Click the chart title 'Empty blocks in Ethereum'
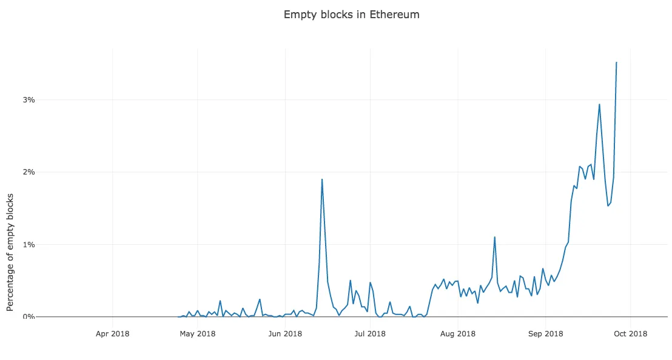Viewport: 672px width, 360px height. tap(351, 15)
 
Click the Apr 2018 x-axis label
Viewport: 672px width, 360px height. tap(113, 333)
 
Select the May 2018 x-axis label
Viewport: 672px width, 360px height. tap(198, 333)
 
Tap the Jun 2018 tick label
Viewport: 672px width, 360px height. tap(284, 333)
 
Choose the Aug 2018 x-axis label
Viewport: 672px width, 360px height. tap(457, 333)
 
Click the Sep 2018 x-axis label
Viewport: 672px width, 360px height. tap(545, 333)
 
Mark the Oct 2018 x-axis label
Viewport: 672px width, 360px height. tap(630, 333)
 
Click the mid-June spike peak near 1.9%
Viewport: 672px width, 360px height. tap(322, 179)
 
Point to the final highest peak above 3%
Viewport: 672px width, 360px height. tap(616, 62)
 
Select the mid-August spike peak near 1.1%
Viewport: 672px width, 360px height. tap(495, 237)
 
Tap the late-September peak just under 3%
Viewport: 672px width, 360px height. tap(599, 104)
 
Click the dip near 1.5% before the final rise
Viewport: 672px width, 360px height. tap(608, 205)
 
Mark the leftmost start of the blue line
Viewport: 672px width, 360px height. tap(178, 316)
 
